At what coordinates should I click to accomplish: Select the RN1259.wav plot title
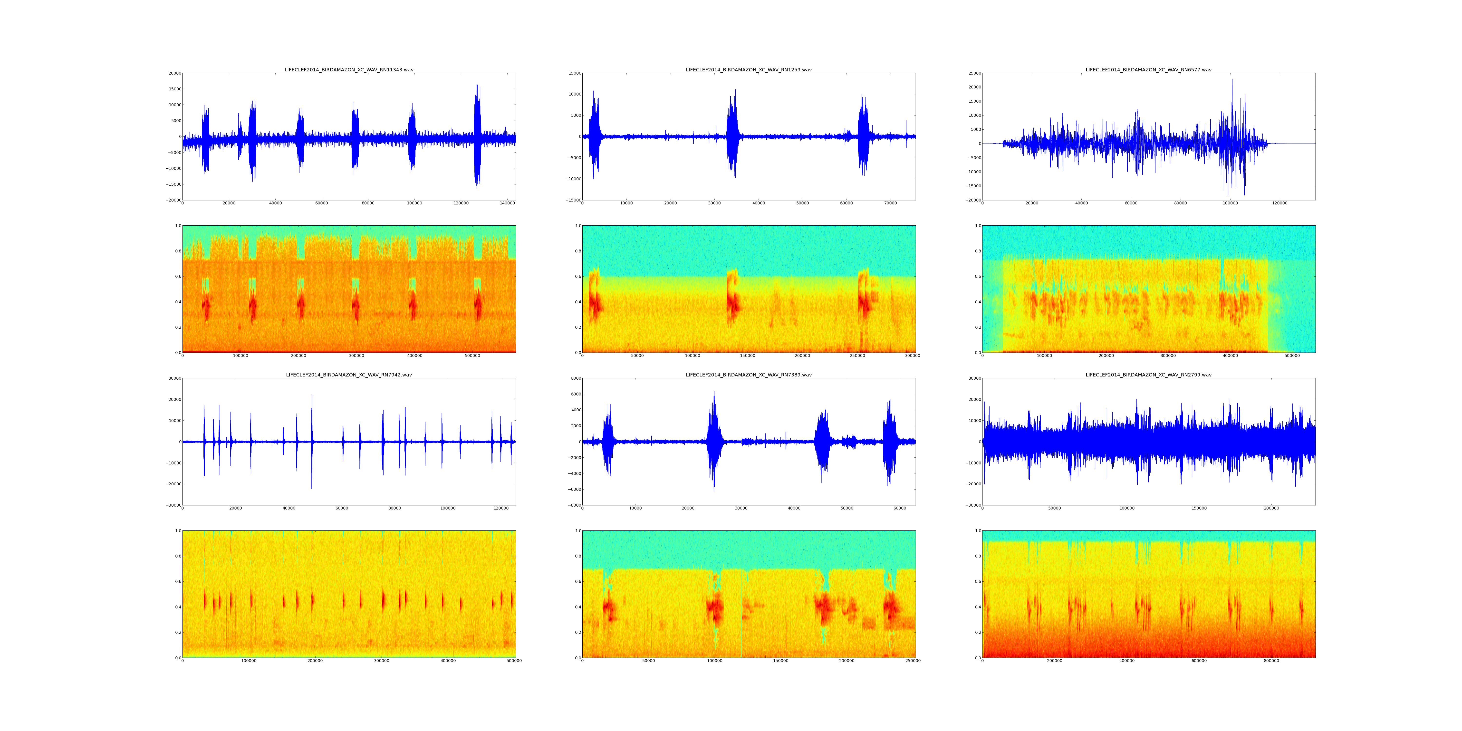749,70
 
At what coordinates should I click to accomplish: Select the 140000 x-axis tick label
507,203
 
